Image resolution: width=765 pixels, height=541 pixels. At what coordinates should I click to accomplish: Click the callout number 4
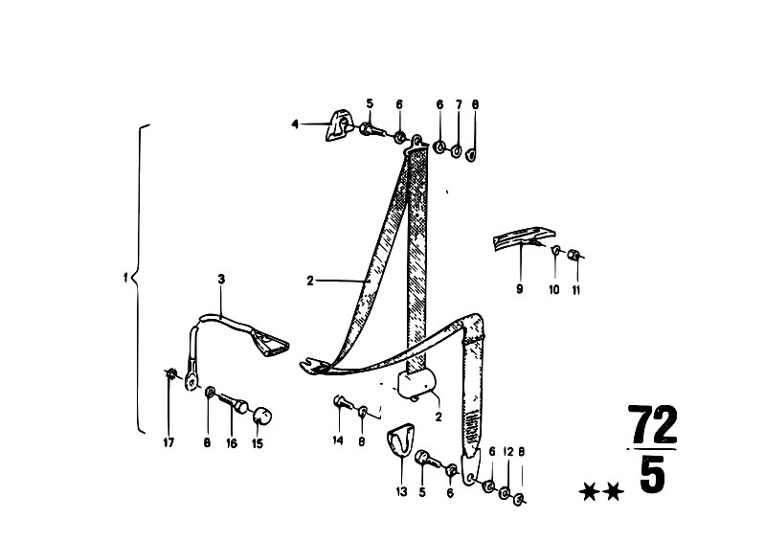pos(295,124)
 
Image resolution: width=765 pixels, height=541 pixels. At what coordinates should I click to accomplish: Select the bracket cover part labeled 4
pos(338,126)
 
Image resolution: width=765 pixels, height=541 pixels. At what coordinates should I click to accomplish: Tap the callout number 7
pos(459,104)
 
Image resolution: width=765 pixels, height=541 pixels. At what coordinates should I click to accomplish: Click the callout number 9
pos(519,289)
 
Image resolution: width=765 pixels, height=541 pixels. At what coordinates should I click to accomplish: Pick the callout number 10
pos(554,290)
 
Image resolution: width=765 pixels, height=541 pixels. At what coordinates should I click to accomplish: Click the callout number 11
pos(576,290)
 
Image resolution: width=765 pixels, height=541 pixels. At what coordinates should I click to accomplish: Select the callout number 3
pos(221,279)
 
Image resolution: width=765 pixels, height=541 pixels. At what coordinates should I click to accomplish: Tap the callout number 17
pos(169,442)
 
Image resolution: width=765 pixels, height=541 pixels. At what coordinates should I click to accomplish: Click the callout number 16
pos(232,443)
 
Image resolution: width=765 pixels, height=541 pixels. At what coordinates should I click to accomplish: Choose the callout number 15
pos(258,443)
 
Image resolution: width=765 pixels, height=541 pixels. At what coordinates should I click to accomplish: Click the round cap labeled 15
pos(261,417)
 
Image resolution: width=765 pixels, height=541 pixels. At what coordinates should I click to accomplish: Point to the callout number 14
pos(338,440)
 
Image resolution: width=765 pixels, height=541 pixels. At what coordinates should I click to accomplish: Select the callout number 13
pos(401,492)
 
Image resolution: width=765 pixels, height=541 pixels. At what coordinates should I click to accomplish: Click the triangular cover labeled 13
pos(400,440)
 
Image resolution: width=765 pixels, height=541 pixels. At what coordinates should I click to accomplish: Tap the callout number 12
pos(508,452)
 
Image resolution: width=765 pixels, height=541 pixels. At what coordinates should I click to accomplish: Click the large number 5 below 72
pos(652,474)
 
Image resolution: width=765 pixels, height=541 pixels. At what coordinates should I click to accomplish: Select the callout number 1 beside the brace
pos(125,278)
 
